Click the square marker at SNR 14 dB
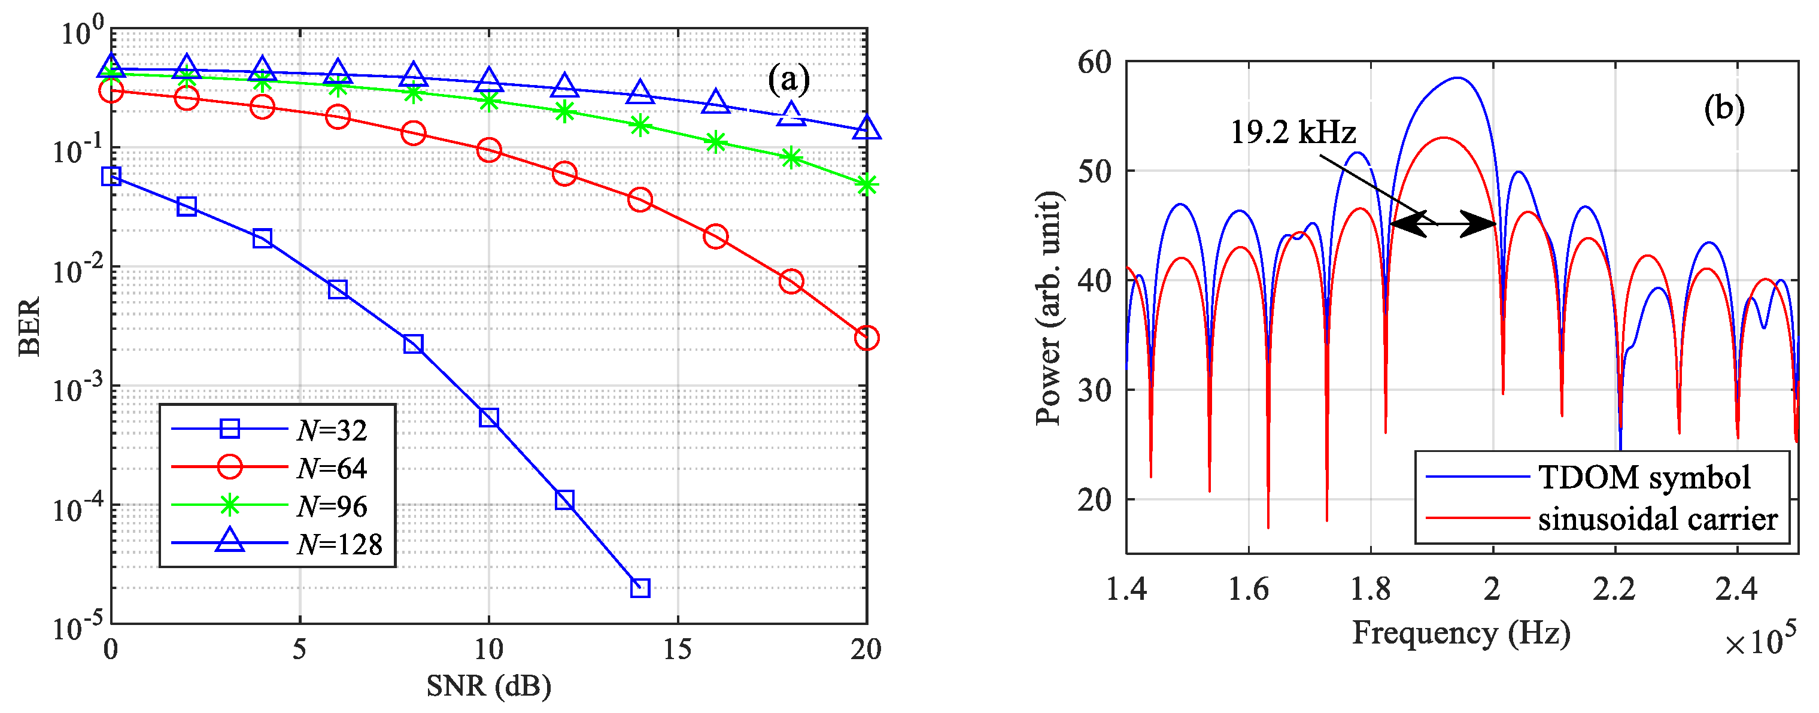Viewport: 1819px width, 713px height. coord(640,587)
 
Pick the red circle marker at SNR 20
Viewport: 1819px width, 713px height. coord(867,338)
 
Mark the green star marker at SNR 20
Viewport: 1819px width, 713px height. coord(867,185)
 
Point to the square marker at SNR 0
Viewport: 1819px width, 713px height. coord(111,176)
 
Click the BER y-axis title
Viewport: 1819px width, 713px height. coord(30,326)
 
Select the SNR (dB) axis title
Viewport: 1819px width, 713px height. coord(488,685)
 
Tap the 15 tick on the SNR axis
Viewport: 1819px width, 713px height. coord(677,649)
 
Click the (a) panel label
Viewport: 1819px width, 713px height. coord(788,79)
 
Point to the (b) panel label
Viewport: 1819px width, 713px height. coord(1724,108)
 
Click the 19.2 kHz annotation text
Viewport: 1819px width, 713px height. coord(1293,133)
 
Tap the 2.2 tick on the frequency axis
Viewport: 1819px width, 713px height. coord(1614,588)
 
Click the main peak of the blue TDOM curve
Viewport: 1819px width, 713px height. coord(1457,78)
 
